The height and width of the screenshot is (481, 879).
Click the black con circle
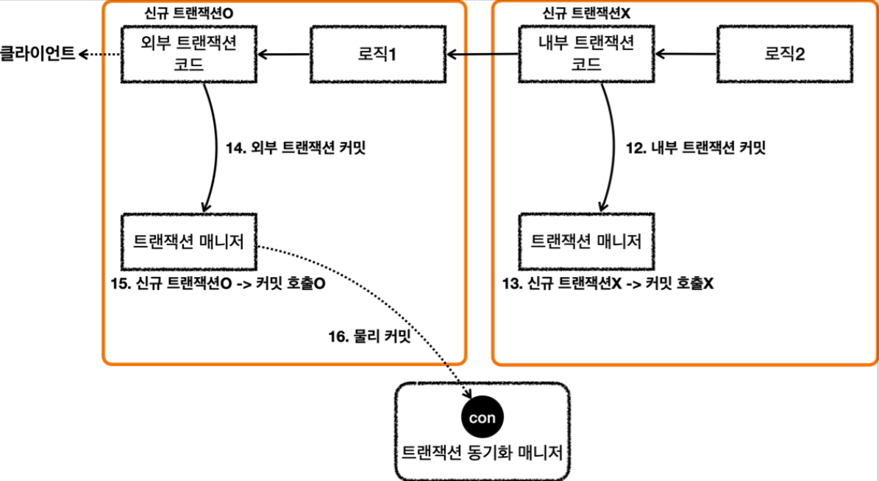click(x=482, y=418)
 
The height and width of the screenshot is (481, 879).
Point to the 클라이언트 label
click(x=38, y=54)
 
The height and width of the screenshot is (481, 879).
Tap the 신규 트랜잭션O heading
click(x=189, y=13)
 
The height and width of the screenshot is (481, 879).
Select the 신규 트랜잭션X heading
click(x=586, y=13)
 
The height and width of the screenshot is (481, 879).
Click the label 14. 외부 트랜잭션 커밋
click(x=296, y=147)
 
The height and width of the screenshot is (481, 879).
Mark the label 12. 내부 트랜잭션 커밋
click(x=696, y=147)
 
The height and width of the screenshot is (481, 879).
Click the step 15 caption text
click(x=218, y=283)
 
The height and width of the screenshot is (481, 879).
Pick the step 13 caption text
click(x=608, y=283)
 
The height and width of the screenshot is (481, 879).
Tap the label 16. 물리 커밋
click(x=369, y=336)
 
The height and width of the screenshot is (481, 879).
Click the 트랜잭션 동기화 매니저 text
click(x=482, y=452)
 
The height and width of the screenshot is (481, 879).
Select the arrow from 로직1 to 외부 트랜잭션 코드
click(x=284, y=55)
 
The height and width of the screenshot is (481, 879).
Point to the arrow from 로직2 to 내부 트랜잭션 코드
click(x=686, y=55)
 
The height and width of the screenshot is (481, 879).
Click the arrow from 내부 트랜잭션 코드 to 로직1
click(x=483, y=55)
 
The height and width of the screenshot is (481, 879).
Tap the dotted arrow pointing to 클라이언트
click(x=99, y=55)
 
